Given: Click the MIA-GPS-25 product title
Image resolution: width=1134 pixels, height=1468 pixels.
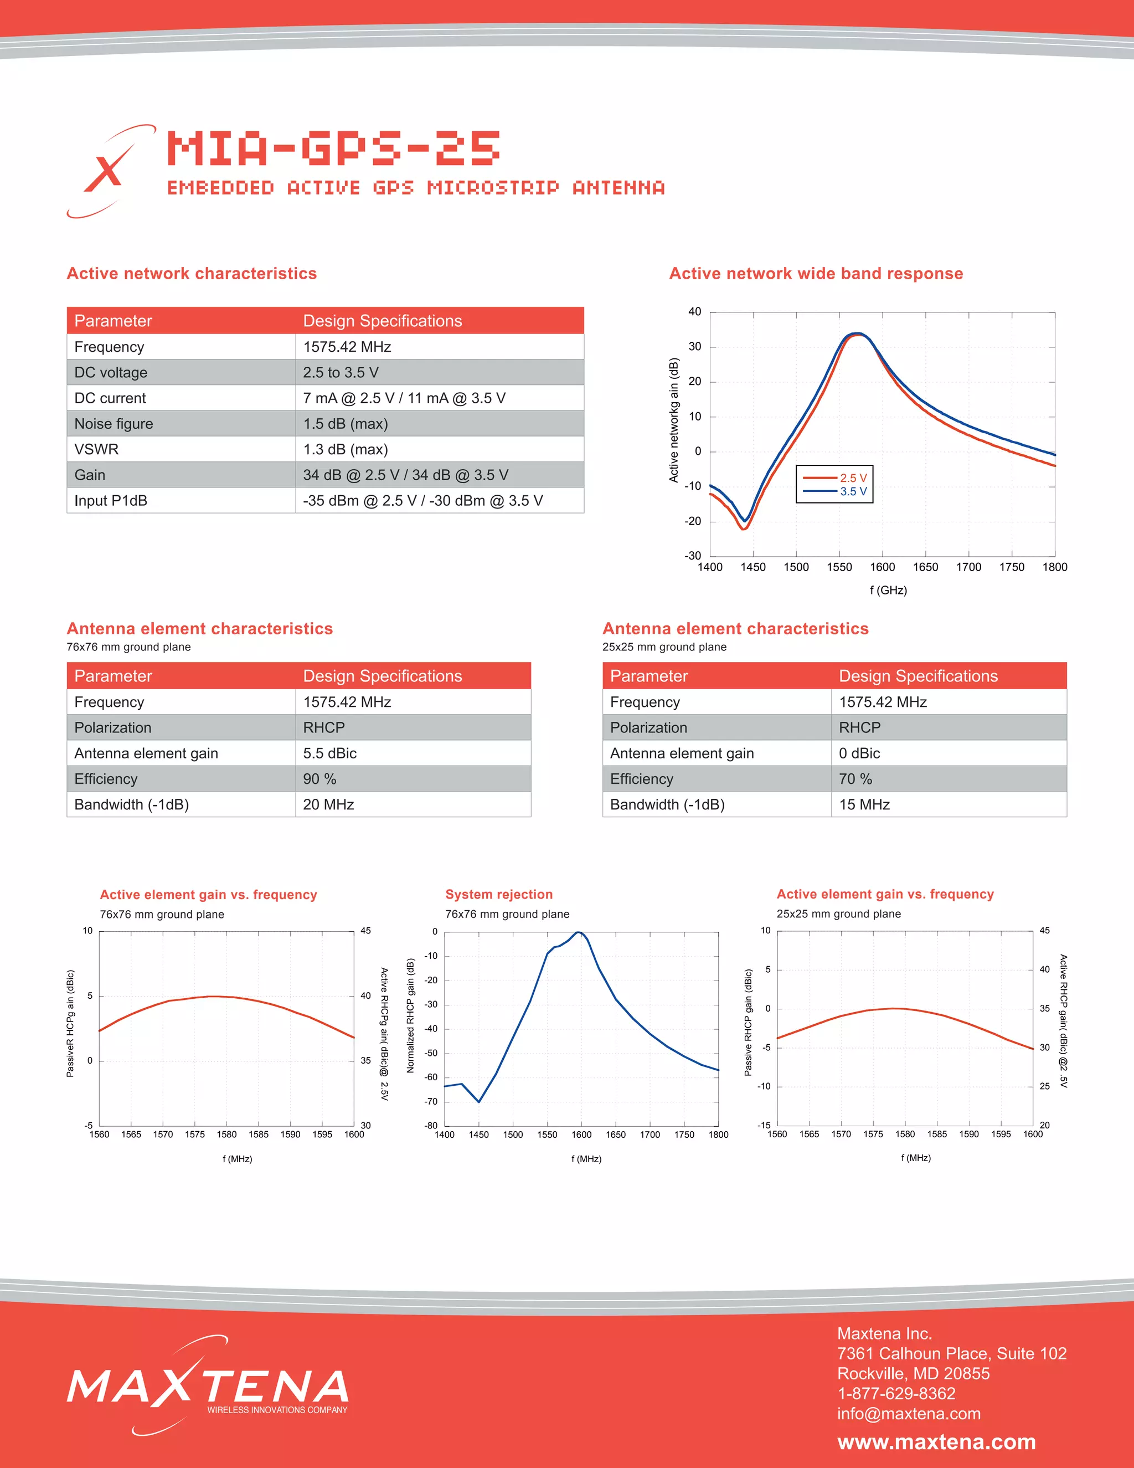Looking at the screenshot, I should (x=333, y=148).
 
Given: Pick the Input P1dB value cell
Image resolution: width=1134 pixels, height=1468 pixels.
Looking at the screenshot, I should (x=422, y=501).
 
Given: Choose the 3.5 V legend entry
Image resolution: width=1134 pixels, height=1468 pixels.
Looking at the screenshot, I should (x=835, y=491).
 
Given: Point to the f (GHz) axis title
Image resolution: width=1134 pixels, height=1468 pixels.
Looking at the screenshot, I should (x=888, y=590).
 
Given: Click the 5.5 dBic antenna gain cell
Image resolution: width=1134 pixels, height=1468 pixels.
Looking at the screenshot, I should (x=330, y=753).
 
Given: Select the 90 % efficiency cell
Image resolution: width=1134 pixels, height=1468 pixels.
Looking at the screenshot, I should (x=320, y=779).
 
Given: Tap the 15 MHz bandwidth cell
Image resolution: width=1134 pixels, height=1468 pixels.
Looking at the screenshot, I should (x=864, y=804).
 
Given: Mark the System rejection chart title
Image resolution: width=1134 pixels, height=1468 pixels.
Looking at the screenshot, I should (x=498, y=894).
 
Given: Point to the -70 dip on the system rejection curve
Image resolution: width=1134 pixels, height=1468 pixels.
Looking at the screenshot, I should (x=479, y=1101).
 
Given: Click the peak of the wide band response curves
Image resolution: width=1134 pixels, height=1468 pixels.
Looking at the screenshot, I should (x=857, y=334).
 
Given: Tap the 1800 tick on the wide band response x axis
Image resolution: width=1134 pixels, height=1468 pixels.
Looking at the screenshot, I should (x=1054, y=567).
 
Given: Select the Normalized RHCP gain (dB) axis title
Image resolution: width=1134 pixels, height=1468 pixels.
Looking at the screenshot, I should (x=410, y=1015).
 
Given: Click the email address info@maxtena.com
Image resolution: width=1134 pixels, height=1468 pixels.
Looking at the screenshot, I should (x=908, y=1414).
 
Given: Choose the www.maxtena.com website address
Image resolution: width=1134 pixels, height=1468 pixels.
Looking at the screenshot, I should (x=936, y=1442).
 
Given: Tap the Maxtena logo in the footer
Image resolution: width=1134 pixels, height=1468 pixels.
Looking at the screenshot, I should (x=208, y=1386).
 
